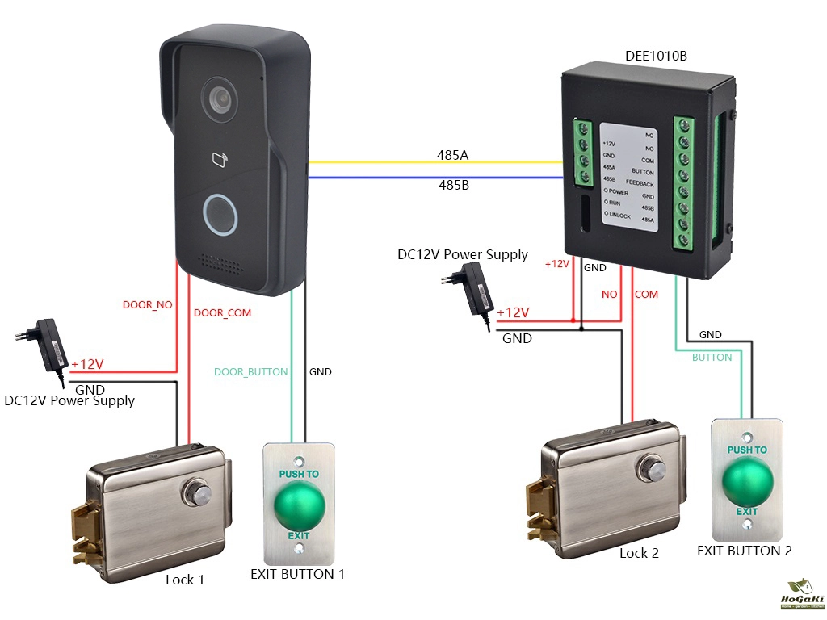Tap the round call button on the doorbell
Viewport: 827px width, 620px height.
coord(220,214)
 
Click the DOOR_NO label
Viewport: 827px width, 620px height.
coord(147,305)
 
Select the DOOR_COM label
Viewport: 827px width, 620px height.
coord(222,313)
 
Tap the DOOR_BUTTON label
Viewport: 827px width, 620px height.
coord(250,372)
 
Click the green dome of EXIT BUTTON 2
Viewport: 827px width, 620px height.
coord(747,483)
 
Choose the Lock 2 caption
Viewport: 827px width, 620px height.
coord(640,553)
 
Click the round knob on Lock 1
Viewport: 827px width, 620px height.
coord(197,492)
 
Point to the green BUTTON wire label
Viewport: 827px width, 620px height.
coord(712,357)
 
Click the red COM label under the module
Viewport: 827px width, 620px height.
coord(646,295)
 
